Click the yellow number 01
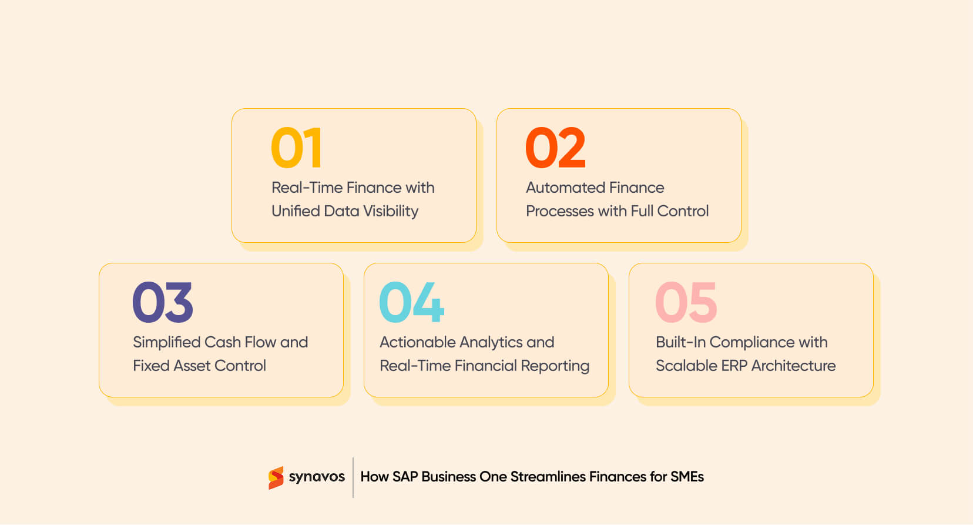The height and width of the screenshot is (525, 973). point(296,148)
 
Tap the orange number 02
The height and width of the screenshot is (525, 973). point(555,148)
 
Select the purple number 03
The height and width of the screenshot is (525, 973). point(163,302)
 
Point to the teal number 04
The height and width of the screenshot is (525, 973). point(411,302)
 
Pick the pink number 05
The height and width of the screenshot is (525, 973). point(686,302)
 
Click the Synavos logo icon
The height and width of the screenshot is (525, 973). point(276,477)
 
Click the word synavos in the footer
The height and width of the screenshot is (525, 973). point(317,477)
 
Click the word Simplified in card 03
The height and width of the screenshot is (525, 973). point(167,342)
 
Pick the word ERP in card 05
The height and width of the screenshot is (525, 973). point(734,366)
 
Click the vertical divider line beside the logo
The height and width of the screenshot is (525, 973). point(353,477)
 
